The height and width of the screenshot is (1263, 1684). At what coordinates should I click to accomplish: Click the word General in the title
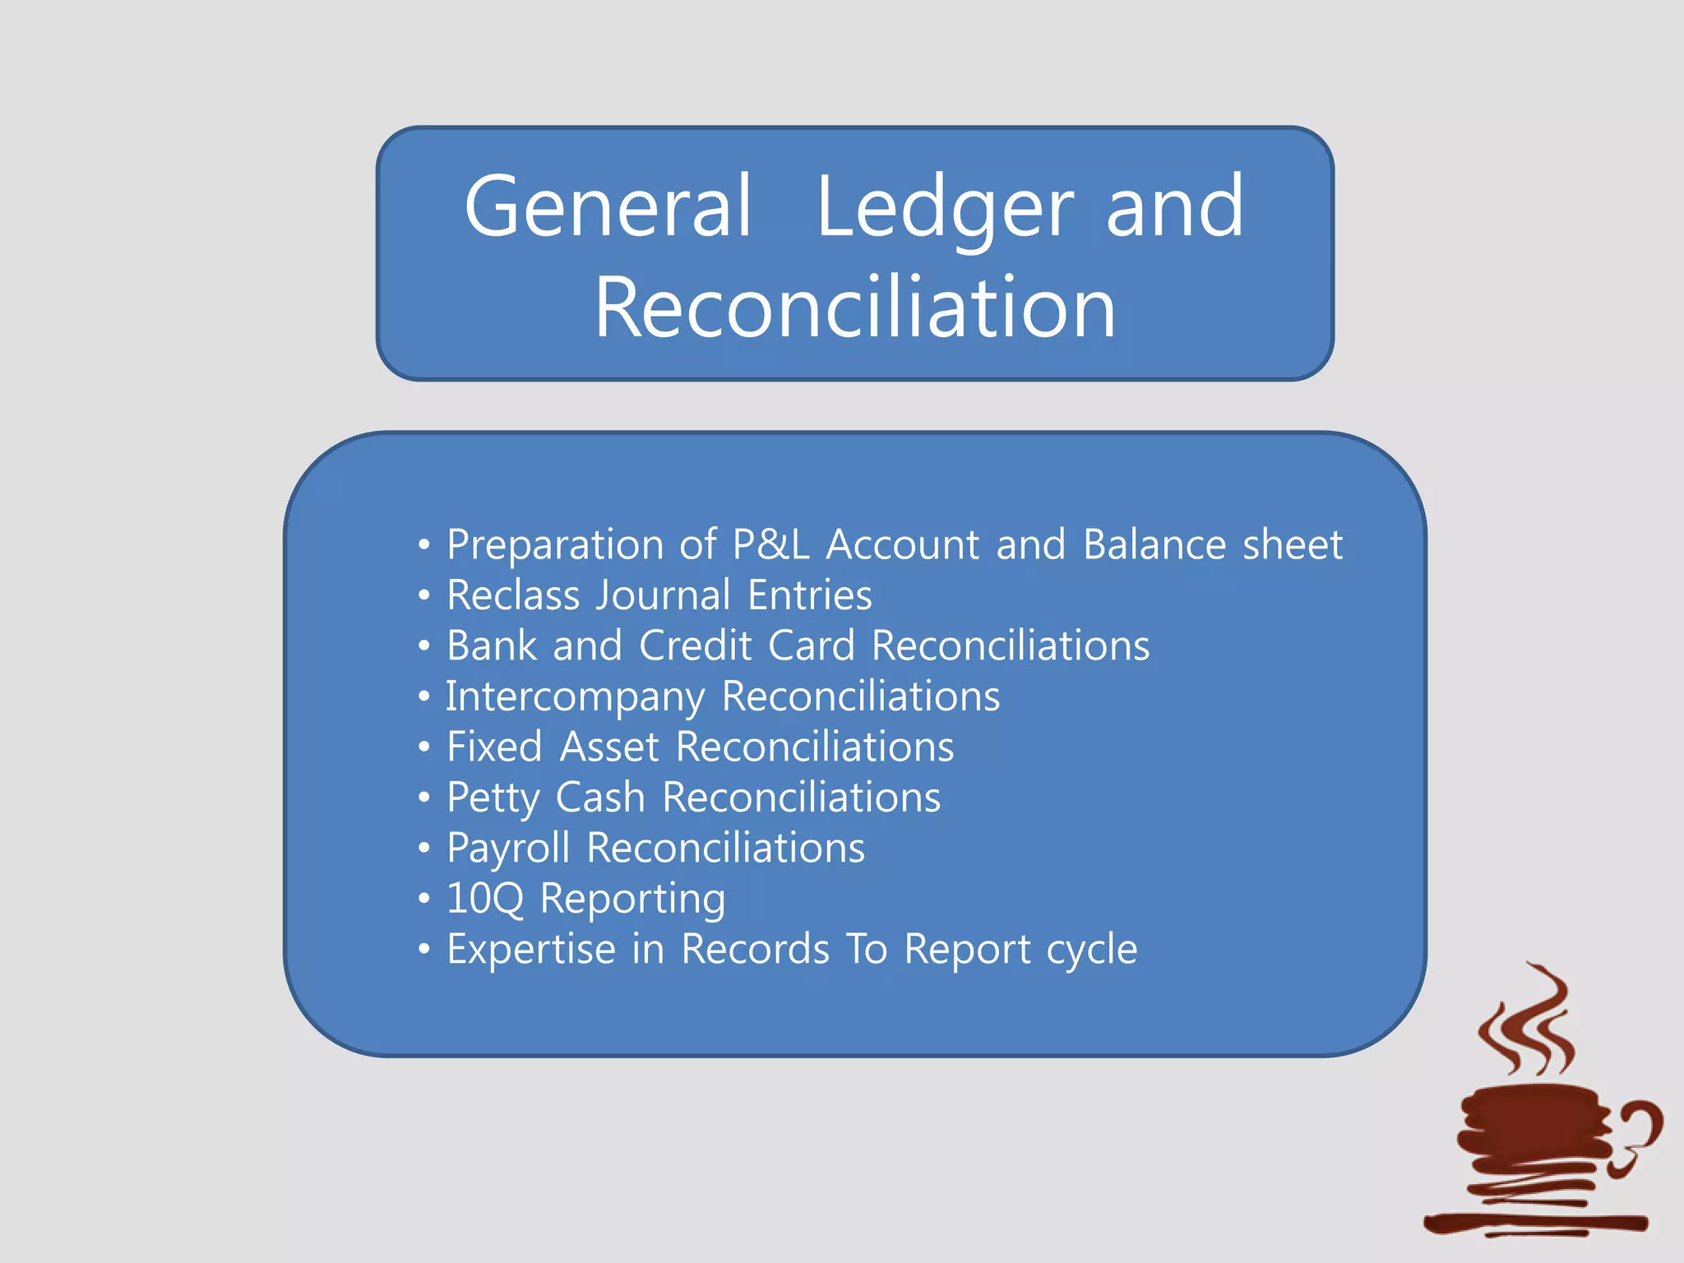(608, 207)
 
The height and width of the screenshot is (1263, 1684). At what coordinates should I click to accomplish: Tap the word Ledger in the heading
(945, 207)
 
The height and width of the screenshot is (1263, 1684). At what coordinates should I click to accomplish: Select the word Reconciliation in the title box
(854, 307)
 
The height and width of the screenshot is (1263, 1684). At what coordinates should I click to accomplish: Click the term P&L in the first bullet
(770, 544)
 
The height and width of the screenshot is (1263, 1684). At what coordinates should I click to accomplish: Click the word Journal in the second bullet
(663, 595)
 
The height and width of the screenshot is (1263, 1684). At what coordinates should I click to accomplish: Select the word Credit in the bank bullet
(696, 645)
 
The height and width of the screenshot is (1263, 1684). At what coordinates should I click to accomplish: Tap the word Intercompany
(575, 697)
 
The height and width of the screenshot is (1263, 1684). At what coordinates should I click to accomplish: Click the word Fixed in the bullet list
(494, 747)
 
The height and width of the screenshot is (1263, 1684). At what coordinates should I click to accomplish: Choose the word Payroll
(508, 849)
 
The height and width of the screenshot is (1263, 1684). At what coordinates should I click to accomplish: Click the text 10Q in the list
(484, 899)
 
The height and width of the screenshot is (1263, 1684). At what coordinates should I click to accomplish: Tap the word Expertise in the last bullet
(531, 950)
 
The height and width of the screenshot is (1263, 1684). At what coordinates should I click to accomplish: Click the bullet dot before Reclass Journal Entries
(423, 595)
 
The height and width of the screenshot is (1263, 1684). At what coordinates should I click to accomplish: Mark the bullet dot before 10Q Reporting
(423, 899)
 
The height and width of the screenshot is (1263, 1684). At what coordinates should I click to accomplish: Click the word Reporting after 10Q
(632, 899)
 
